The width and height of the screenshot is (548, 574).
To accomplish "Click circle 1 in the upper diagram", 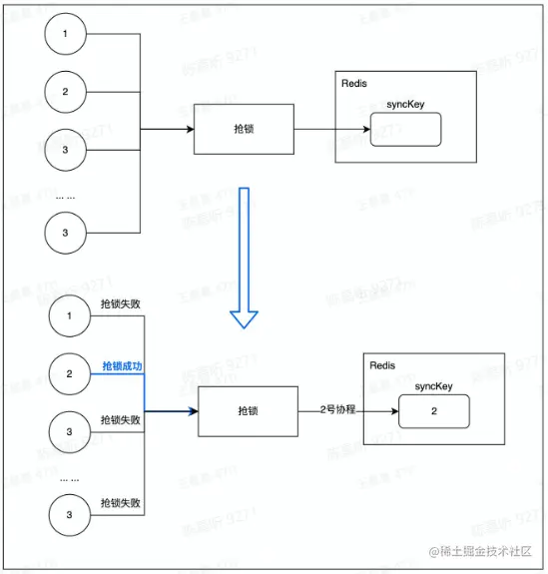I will pos(66,34).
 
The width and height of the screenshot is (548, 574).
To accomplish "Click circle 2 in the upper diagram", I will pos(66,92).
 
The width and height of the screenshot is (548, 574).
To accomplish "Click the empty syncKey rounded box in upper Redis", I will pos(405,130).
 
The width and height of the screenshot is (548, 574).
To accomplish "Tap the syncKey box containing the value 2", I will pos(434,411).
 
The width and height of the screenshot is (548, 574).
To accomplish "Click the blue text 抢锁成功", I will pos(122,366).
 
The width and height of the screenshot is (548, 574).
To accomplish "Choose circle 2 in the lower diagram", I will pos(70,374).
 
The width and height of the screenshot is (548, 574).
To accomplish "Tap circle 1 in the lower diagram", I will pos(70,316).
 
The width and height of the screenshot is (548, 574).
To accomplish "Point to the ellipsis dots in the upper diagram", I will pos(65,197).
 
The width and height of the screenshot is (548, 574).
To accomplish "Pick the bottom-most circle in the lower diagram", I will pos(70,515).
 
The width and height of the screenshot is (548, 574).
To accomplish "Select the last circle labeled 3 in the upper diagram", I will pos(66,233).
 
